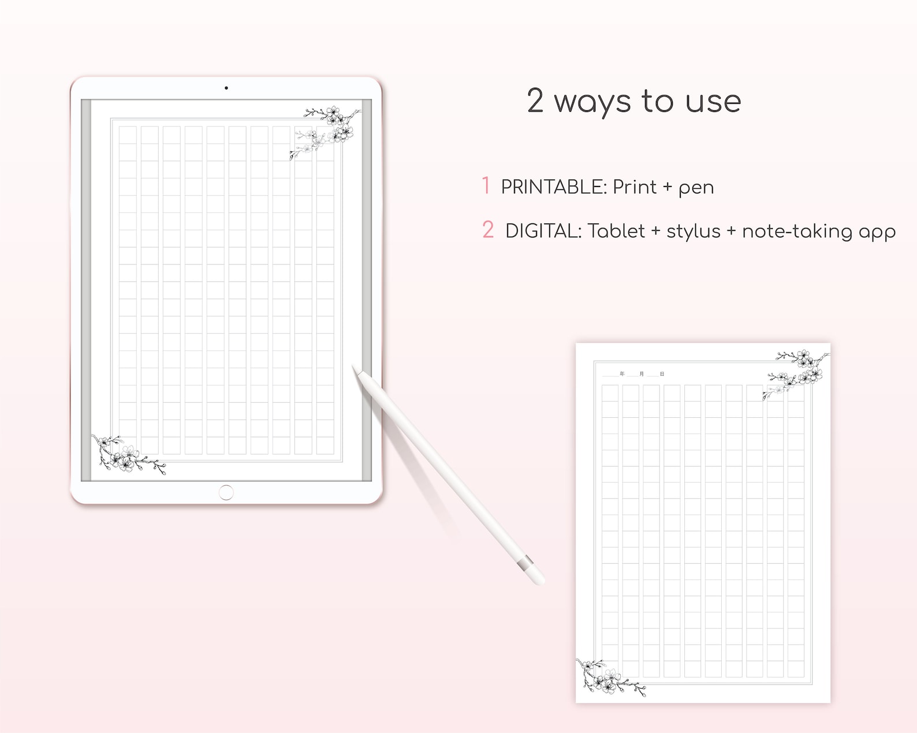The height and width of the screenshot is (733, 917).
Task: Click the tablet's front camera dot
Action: [226, 88]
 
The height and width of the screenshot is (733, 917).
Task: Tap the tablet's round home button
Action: [226, 492]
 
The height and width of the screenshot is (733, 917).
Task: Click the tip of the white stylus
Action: [355, 368]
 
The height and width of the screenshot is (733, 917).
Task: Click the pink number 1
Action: [486, 186]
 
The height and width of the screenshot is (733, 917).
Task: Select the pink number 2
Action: [488, 230]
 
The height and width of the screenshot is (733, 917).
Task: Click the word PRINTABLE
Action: [553, 187]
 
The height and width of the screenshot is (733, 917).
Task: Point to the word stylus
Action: [693, 231]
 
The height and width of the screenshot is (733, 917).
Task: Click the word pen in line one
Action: [696, 188]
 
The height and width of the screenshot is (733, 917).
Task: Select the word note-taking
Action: [797, 231]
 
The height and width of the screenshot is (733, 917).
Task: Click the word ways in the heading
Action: [592, 102]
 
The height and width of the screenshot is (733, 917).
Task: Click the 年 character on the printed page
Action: [622, 374]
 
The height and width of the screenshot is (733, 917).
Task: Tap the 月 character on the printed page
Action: [642, 374]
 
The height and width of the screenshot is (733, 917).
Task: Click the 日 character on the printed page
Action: [662, 374]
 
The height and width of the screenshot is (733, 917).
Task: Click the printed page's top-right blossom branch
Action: [800, 369]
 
